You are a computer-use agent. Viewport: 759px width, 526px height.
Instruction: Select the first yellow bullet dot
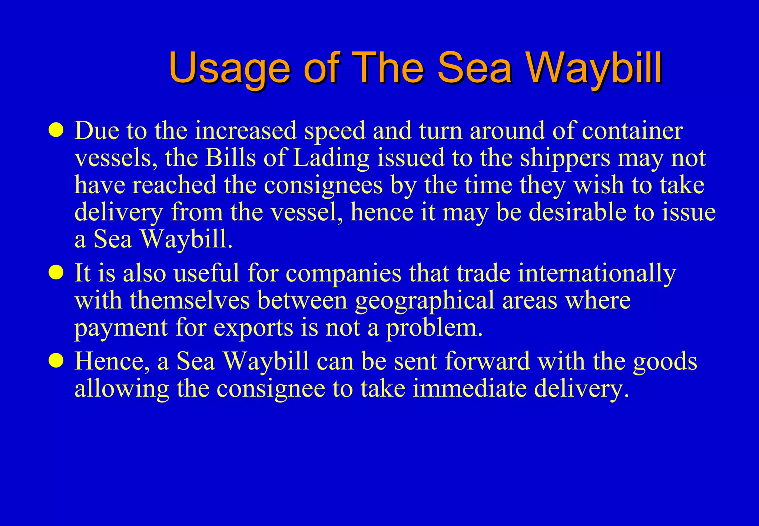coord(56,130)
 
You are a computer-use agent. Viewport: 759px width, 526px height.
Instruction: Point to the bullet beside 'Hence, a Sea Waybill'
coord(56,361)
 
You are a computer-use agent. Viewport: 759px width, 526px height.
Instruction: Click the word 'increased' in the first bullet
coord(246,131)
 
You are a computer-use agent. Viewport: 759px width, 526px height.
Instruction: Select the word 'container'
coord(632,131)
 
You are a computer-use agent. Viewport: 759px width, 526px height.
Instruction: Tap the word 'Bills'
coord(230,158)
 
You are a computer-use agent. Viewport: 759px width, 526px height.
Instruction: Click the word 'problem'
coord(434,328)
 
